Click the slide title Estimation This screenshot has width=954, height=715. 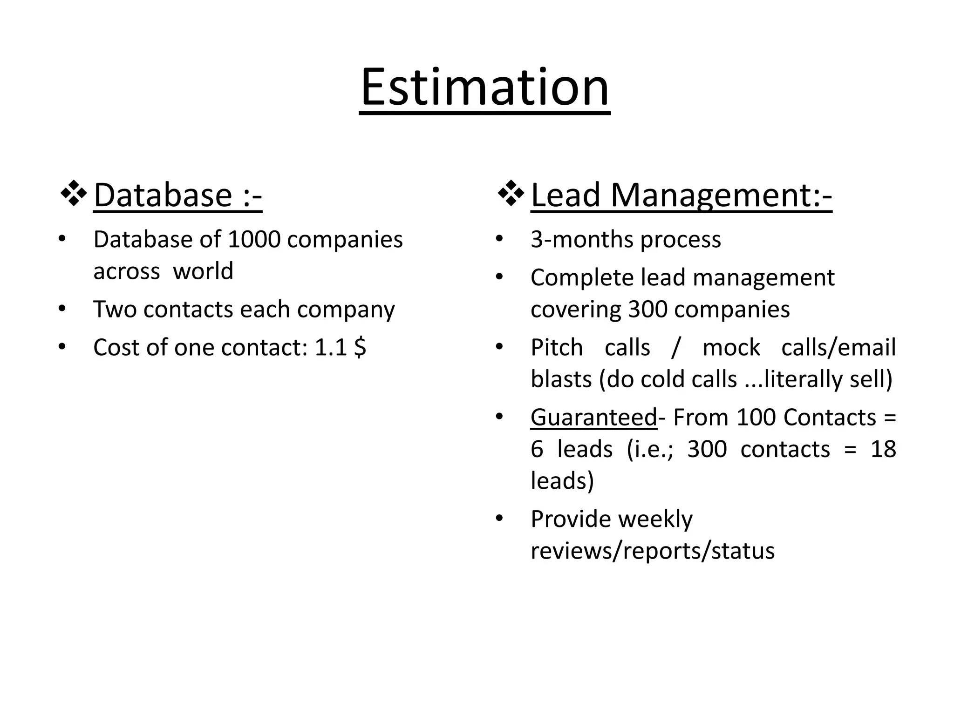[x=484, y=88]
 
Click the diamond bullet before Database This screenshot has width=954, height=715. [x=74, y=193]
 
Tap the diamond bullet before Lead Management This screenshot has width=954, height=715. [x=511, y=193]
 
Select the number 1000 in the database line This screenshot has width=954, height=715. [x=254, y=240]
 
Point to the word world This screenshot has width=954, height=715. [x=203, y=271]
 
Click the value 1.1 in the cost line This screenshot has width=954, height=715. [x=331, y=348]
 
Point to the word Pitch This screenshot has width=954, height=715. [x=557, y=348]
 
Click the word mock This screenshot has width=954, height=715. [x=731, y=348]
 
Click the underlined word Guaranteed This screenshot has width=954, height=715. [x=593, y=418]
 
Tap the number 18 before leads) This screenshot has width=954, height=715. [x=883, y=450]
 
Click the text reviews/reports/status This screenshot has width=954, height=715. [x=653, y=551]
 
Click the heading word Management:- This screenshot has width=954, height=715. [x=721, y=195]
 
